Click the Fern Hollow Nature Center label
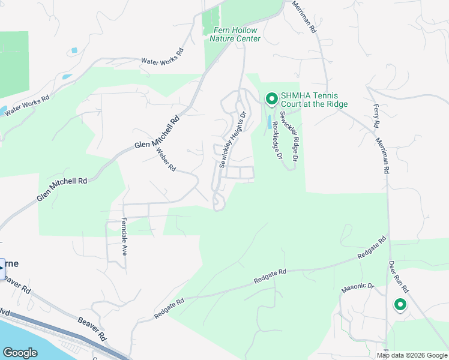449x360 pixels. (235, 34)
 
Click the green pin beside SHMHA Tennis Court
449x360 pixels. (271, 98)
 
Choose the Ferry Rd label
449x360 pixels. (376, 116)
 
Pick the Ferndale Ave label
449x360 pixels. (124, 236)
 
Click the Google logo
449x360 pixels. (20, 353)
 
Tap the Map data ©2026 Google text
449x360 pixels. (411, 355)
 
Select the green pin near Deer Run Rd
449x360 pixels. (400, 305)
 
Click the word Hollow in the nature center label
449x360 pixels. (245, 30)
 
